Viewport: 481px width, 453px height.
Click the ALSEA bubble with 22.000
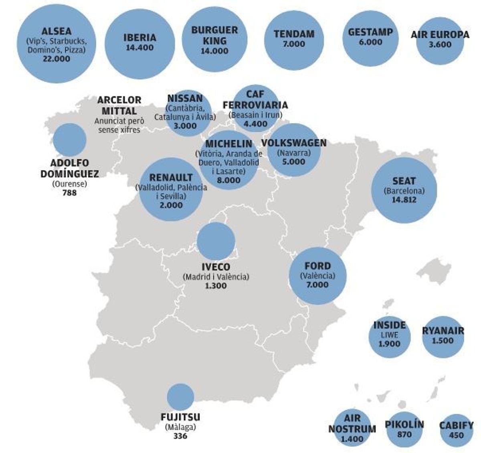[56, 44]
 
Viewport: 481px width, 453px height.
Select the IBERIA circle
[139, 43]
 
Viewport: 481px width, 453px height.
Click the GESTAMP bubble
[370, 38]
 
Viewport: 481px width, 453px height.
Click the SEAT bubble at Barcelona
[404, 190]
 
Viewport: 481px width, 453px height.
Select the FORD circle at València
[317, 275]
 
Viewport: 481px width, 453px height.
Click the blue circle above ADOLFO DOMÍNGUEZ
[70, 140]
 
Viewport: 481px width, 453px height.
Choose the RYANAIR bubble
[443, 337]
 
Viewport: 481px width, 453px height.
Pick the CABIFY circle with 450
[456, 430]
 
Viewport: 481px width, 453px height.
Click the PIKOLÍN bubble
[404, 429]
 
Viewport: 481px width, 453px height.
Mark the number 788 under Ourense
[69, 193]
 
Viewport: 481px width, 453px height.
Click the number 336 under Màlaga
[180, 436]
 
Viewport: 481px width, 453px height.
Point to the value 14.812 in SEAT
[404, 200]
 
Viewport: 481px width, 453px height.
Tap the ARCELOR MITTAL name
[119, 105]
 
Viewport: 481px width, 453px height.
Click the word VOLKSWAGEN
[294, 143]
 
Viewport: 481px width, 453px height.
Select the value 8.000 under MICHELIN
[228, 180]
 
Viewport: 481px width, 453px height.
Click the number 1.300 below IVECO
[216, 286]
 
